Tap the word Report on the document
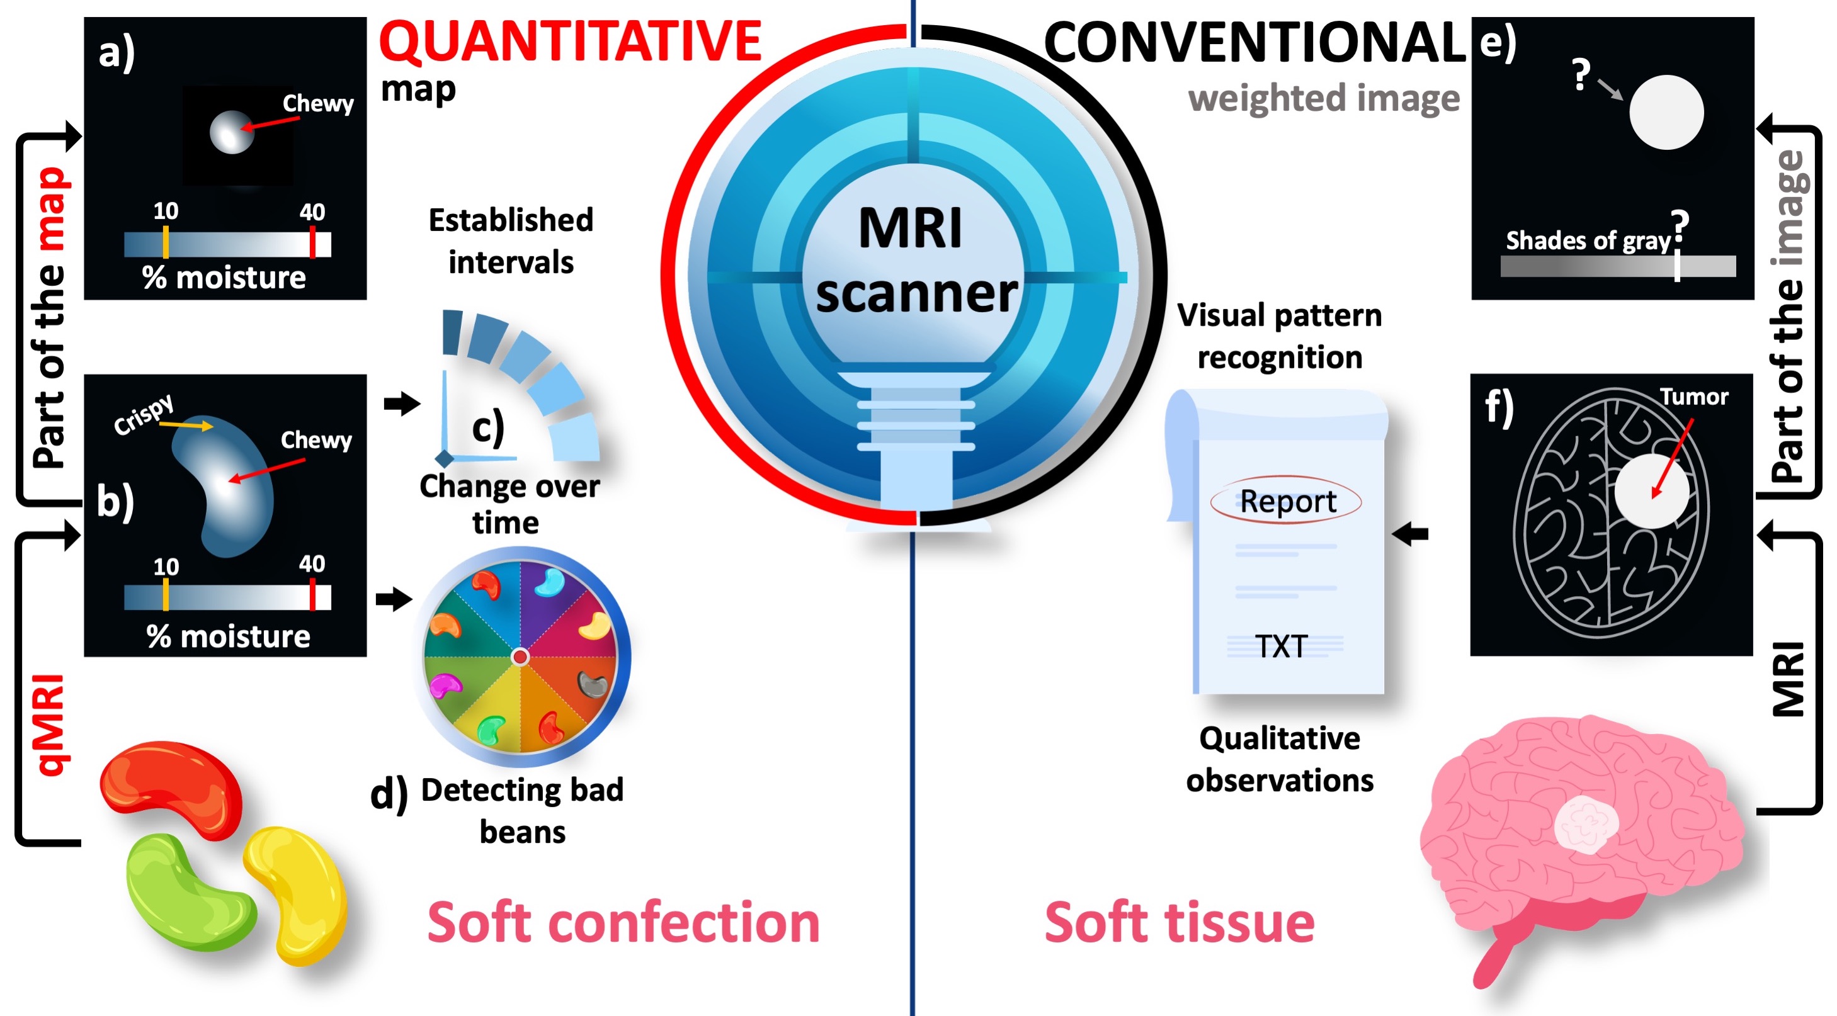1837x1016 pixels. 1287,500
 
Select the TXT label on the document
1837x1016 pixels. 1282,646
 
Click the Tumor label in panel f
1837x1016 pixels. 1693,397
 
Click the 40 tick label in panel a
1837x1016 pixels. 312,212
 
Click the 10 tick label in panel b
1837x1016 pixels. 166,567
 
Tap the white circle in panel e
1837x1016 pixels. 1666,113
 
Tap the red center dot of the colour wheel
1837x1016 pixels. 521,656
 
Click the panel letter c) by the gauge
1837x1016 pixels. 488,427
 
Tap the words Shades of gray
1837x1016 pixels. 1588,241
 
